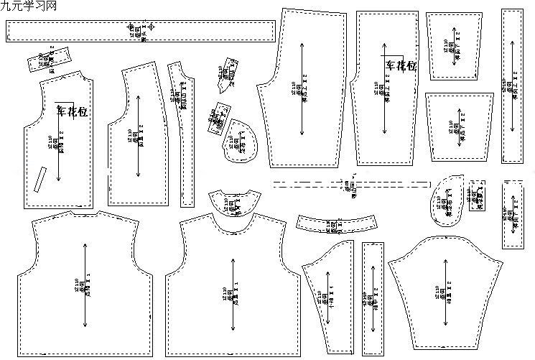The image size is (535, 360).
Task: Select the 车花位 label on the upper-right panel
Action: pyautogui.click(x=401, y=66)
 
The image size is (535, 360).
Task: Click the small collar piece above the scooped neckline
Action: pyautogui.click(x=234, y=203)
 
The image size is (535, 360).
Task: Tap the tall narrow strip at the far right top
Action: pyautogui.click(x=513, y=86)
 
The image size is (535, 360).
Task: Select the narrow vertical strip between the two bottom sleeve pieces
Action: pyautogui.click(x=373, y=298)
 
